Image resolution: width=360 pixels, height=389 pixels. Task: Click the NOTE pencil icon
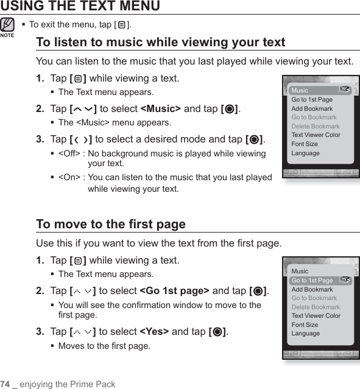click(x=7, y=25)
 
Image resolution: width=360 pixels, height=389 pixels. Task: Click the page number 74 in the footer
click(x=5, y=384)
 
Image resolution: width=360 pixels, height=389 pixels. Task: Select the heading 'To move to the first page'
click(x=111, y=224)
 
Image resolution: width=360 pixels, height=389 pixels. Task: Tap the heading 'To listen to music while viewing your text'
click(x=161, y=42)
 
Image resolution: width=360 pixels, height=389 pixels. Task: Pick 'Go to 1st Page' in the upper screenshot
click(x=312, y=99)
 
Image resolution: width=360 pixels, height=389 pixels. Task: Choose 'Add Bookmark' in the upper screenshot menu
click(x=312, y=108)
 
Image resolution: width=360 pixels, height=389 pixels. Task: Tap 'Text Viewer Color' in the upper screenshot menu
click(x=316, y=135)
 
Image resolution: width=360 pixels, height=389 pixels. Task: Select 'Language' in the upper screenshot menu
click(x=305, y=153)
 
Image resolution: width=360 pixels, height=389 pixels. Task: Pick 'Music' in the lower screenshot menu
click(x=300, y=271)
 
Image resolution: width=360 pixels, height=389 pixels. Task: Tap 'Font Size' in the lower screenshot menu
click(x=305, y=324)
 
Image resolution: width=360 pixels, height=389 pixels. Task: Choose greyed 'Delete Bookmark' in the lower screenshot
click(x=316, y=307)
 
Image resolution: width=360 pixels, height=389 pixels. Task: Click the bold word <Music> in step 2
click(x=161, y=108)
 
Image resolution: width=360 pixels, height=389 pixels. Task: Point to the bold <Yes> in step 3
click(x=155, y=331)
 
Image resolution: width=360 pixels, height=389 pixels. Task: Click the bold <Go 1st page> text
click(x=175, y=291)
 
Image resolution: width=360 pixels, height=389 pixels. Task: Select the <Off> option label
click(x=69, y=153)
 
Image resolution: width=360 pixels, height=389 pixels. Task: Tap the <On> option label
click(x=69, y=177)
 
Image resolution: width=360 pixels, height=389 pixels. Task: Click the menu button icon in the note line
click(x=122, y=25)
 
